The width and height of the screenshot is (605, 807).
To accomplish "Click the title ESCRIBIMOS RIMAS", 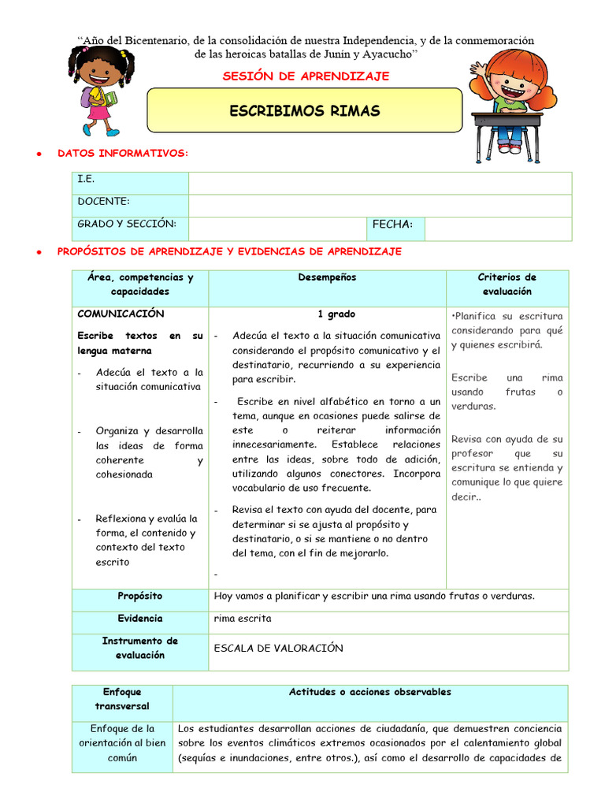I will pos(304,111).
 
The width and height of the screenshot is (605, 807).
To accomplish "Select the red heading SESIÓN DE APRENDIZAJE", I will pos(306,76).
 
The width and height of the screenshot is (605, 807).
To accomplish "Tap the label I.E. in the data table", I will pos(86,180).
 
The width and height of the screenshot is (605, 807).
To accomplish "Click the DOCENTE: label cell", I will pos(103,202).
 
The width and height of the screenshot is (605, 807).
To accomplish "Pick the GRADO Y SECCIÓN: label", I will pos(127,224).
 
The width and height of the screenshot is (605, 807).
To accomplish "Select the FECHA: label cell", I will pos(392,225).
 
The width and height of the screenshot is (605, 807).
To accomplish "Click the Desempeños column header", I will pos(327,277).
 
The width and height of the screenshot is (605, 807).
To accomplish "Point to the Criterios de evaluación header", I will pos(507,284).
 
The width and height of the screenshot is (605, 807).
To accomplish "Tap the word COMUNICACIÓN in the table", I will pos(121,314).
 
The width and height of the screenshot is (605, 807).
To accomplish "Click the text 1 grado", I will pos(336,314).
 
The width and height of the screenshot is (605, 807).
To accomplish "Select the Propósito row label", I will pos(140,597).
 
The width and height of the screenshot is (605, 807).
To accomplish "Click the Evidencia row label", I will pos(140,619).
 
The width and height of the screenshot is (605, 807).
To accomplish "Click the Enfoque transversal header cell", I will pos(122,699).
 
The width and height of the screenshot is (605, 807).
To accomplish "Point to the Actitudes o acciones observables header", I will pos(370,692).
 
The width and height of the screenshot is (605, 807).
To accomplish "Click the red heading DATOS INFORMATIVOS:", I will pos(123,153).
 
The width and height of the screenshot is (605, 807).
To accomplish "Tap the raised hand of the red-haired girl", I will pos(477,70).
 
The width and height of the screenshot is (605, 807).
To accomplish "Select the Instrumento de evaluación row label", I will pos(140,648).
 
